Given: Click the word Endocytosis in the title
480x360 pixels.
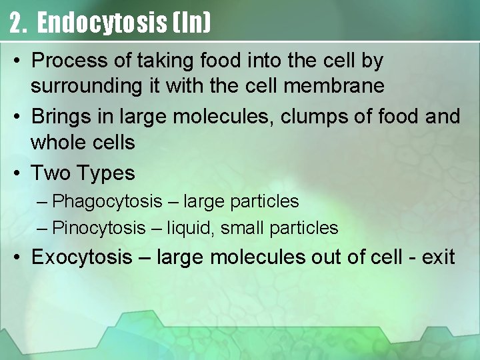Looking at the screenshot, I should click(101, 23).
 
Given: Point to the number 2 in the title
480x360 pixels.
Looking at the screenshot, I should click(17, 23).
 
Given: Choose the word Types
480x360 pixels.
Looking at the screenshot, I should click(107, 173).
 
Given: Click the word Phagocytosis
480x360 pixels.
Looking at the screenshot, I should click(107, 201).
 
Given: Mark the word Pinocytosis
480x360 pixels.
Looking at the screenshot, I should click(99, 228).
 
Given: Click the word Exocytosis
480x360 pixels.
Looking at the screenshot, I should click(82, 257).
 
